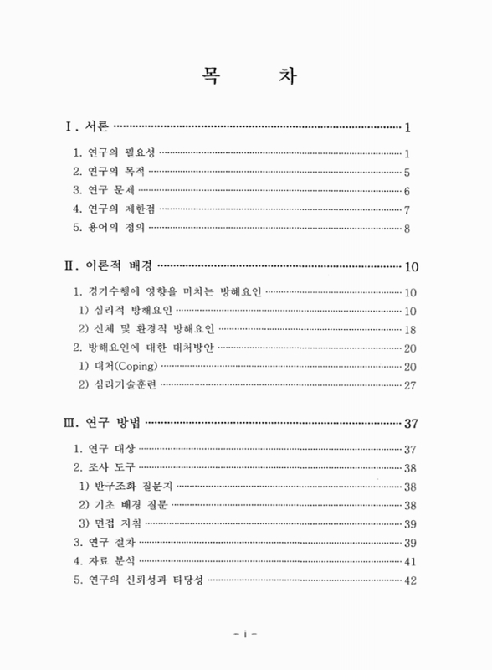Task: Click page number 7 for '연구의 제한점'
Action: pyautogui.click(x=406, y=210)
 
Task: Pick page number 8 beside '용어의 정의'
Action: pyautogui.click(x=406, y=229)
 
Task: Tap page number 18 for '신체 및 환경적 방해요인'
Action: pyautogui.click(x=410, y=330)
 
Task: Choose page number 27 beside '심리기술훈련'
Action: pyautogui.click(x=410, y=385)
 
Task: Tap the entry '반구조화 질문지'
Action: pyautogui.click(x=131, y=487)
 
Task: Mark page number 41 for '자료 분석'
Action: pyautogui.click(x=410, y=561)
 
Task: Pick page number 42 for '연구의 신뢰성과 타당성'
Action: pyautogui.click(x=410, y=580)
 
